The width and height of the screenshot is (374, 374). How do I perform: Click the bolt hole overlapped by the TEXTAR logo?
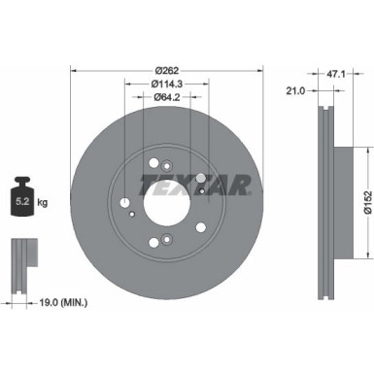(x=200, y=178)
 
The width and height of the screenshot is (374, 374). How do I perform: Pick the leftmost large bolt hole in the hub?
(x=127, y=202)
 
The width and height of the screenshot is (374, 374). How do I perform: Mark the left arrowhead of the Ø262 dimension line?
(x=75, y=74)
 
